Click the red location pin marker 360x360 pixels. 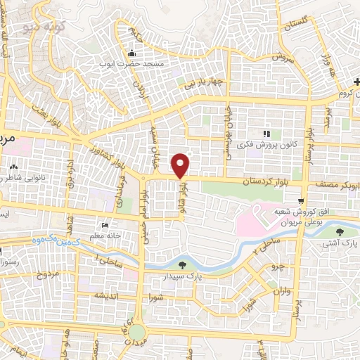pyautogui.click(x=181, y=164)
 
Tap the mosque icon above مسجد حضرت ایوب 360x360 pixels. pyautogui.click(x=131, y=53)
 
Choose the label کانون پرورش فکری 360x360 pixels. pyautogui.click(x=266, y=143)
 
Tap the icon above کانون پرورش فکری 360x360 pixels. pyautogui.click(x=266, y=133)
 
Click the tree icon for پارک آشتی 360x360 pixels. pyautogui.click(x=341, y=232)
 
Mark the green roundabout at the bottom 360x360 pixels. pyautogui.click(x=136, y=332)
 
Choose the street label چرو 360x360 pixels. pyautogui.click(x=278, y=268)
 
